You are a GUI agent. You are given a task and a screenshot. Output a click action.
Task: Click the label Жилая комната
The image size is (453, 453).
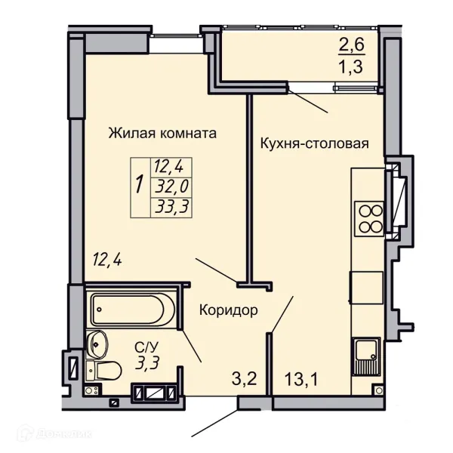point(162,134)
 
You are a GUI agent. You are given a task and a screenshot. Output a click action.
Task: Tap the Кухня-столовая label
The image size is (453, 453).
point(314,143)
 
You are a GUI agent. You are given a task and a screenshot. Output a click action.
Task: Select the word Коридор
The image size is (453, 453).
point(229,310)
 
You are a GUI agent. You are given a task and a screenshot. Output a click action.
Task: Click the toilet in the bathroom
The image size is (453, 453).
point(106,371)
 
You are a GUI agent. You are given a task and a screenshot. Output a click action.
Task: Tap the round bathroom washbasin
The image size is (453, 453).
point(98,345)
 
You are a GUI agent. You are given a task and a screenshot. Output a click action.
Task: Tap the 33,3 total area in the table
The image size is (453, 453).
point(171,206)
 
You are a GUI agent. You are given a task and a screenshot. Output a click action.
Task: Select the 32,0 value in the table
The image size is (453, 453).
point(171,186)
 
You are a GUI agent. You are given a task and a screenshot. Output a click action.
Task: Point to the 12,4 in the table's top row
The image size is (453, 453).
point(171,165)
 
